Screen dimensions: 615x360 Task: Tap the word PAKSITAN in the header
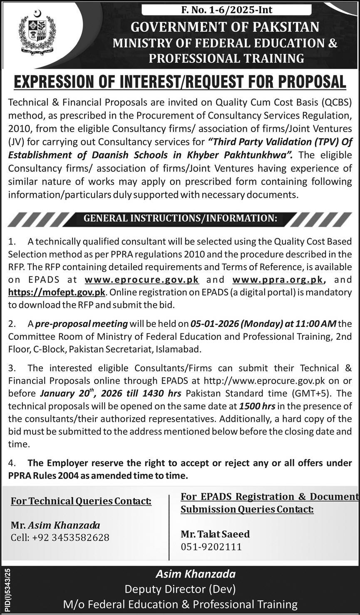click(283, 27)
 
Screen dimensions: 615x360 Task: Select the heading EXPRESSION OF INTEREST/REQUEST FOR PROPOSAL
click(180, 82)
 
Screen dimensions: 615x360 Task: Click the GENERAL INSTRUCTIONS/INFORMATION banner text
click(180, 218)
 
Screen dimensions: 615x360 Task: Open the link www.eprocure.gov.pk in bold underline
click(142, 279)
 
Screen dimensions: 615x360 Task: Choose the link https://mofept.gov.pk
click(57, 292)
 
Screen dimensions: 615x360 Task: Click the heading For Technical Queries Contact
click(81, 501)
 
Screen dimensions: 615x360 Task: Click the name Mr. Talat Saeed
click(215, 534)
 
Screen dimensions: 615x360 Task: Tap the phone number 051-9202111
click(211, 547)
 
